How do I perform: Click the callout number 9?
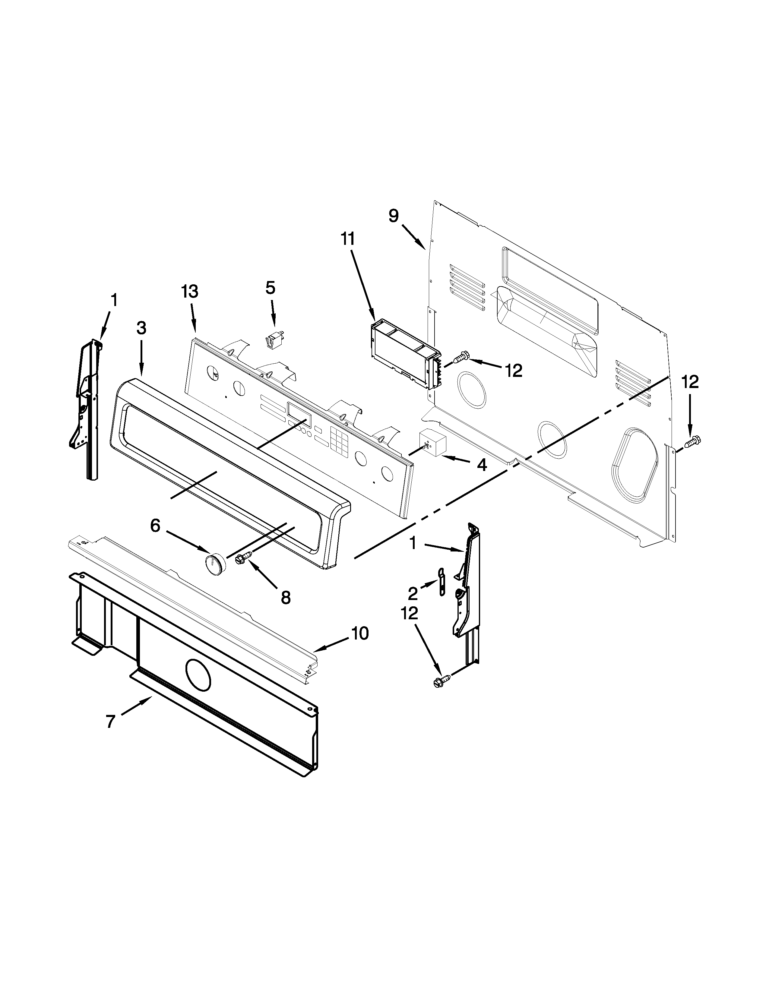pos(394,216)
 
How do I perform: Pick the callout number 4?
pos(482,465)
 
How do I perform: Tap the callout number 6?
pos(155,526)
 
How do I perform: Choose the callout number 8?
pos(286,598)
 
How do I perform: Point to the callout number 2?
pos(413,594)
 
